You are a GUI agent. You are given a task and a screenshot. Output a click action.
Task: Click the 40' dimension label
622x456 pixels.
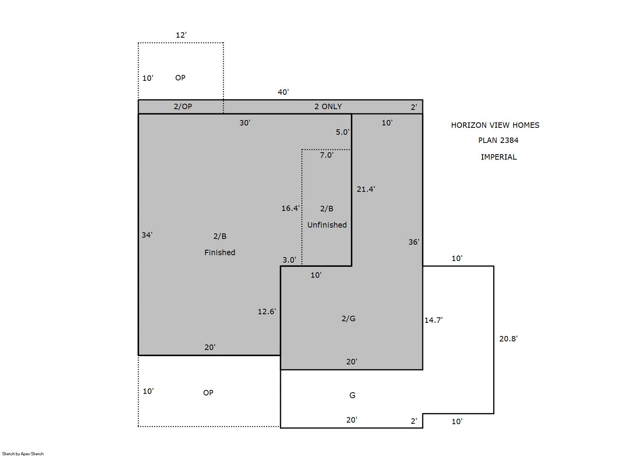point(283,92)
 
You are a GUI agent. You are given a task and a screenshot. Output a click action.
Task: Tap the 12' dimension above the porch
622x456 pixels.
point(181,35)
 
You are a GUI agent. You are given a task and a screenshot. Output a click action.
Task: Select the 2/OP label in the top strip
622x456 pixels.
point(183,106)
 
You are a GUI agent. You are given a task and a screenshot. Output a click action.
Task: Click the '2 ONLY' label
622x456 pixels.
point(328,106)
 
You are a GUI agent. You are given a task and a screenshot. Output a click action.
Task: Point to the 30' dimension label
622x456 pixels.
point(245,123)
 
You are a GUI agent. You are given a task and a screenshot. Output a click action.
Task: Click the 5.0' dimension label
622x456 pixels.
point(343,132)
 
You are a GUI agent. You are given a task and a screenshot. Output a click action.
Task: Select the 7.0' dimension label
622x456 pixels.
point(327,155)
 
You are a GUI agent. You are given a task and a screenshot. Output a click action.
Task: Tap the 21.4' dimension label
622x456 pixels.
point(366,189)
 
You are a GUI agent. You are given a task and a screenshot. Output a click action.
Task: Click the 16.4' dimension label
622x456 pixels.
point(291,208)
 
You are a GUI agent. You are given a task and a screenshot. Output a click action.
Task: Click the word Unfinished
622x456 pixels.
point(327,225)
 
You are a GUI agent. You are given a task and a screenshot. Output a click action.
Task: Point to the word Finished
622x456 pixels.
point(220,252)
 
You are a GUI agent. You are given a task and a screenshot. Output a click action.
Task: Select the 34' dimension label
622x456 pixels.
point(147,235)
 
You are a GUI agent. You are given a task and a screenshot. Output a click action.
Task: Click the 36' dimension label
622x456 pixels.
point(414,242)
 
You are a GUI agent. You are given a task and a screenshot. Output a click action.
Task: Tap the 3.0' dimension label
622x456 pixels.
point(289,260)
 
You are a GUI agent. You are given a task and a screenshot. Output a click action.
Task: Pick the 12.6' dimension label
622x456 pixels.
point(267,312)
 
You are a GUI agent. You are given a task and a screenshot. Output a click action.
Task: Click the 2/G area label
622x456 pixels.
point(348,319)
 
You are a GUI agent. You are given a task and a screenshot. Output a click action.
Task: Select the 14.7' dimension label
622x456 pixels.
point(434,320)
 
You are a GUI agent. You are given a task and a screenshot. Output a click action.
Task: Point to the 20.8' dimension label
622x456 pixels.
point(509,339)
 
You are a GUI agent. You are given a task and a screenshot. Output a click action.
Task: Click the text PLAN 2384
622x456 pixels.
point(498,141)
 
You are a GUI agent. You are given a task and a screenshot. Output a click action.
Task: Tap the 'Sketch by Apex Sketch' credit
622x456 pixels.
point(23,454)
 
